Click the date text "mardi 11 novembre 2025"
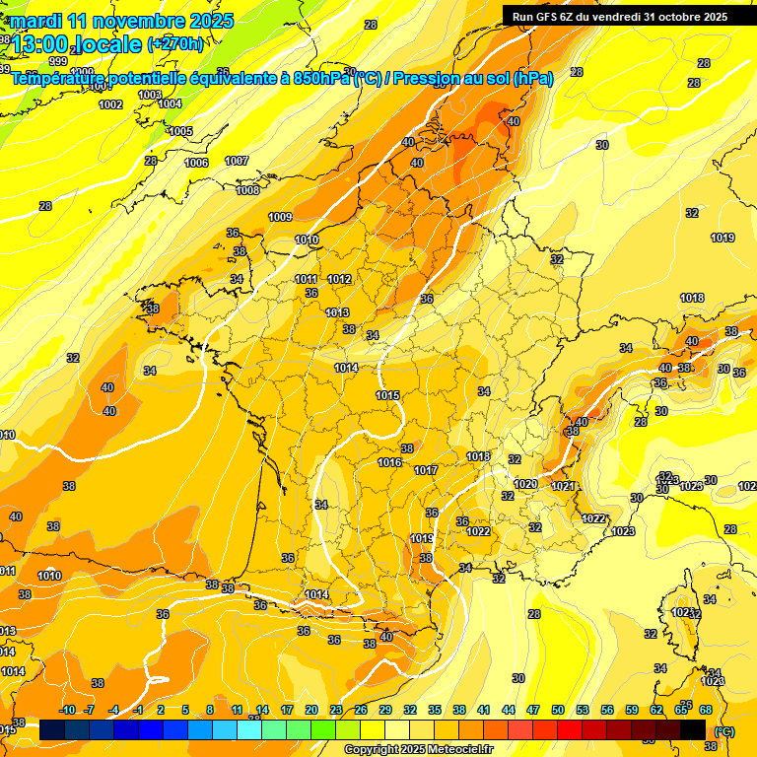(x=122, y=21)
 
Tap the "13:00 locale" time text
(x=77, y=44)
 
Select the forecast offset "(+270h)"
(x=175, y=44)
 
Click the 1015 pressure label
(x=387, y=395)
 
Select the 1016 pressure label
(x=389, y=462)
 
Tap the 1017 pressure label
(x=426, y=470)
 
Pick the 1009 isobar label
(x=281, y=217)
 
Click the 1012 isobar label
(x=340, y=279)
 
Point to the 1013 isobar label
(x=337, y=312)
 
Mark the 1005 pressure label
(x=180, y=131)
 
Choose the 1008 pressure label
(x=247, y=190)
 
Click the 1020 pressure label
(x=526, y=484)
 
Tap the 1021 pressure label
(x=563, y=486)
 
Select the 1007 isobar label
(x=237, y=161)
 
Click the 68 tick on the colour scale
(x=706, y=710)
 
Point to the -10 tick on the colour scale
(x=67, y=710)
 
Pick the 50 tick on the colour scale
(x=558, y=710)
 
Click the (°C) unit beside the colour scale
(x=724, y=731)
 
